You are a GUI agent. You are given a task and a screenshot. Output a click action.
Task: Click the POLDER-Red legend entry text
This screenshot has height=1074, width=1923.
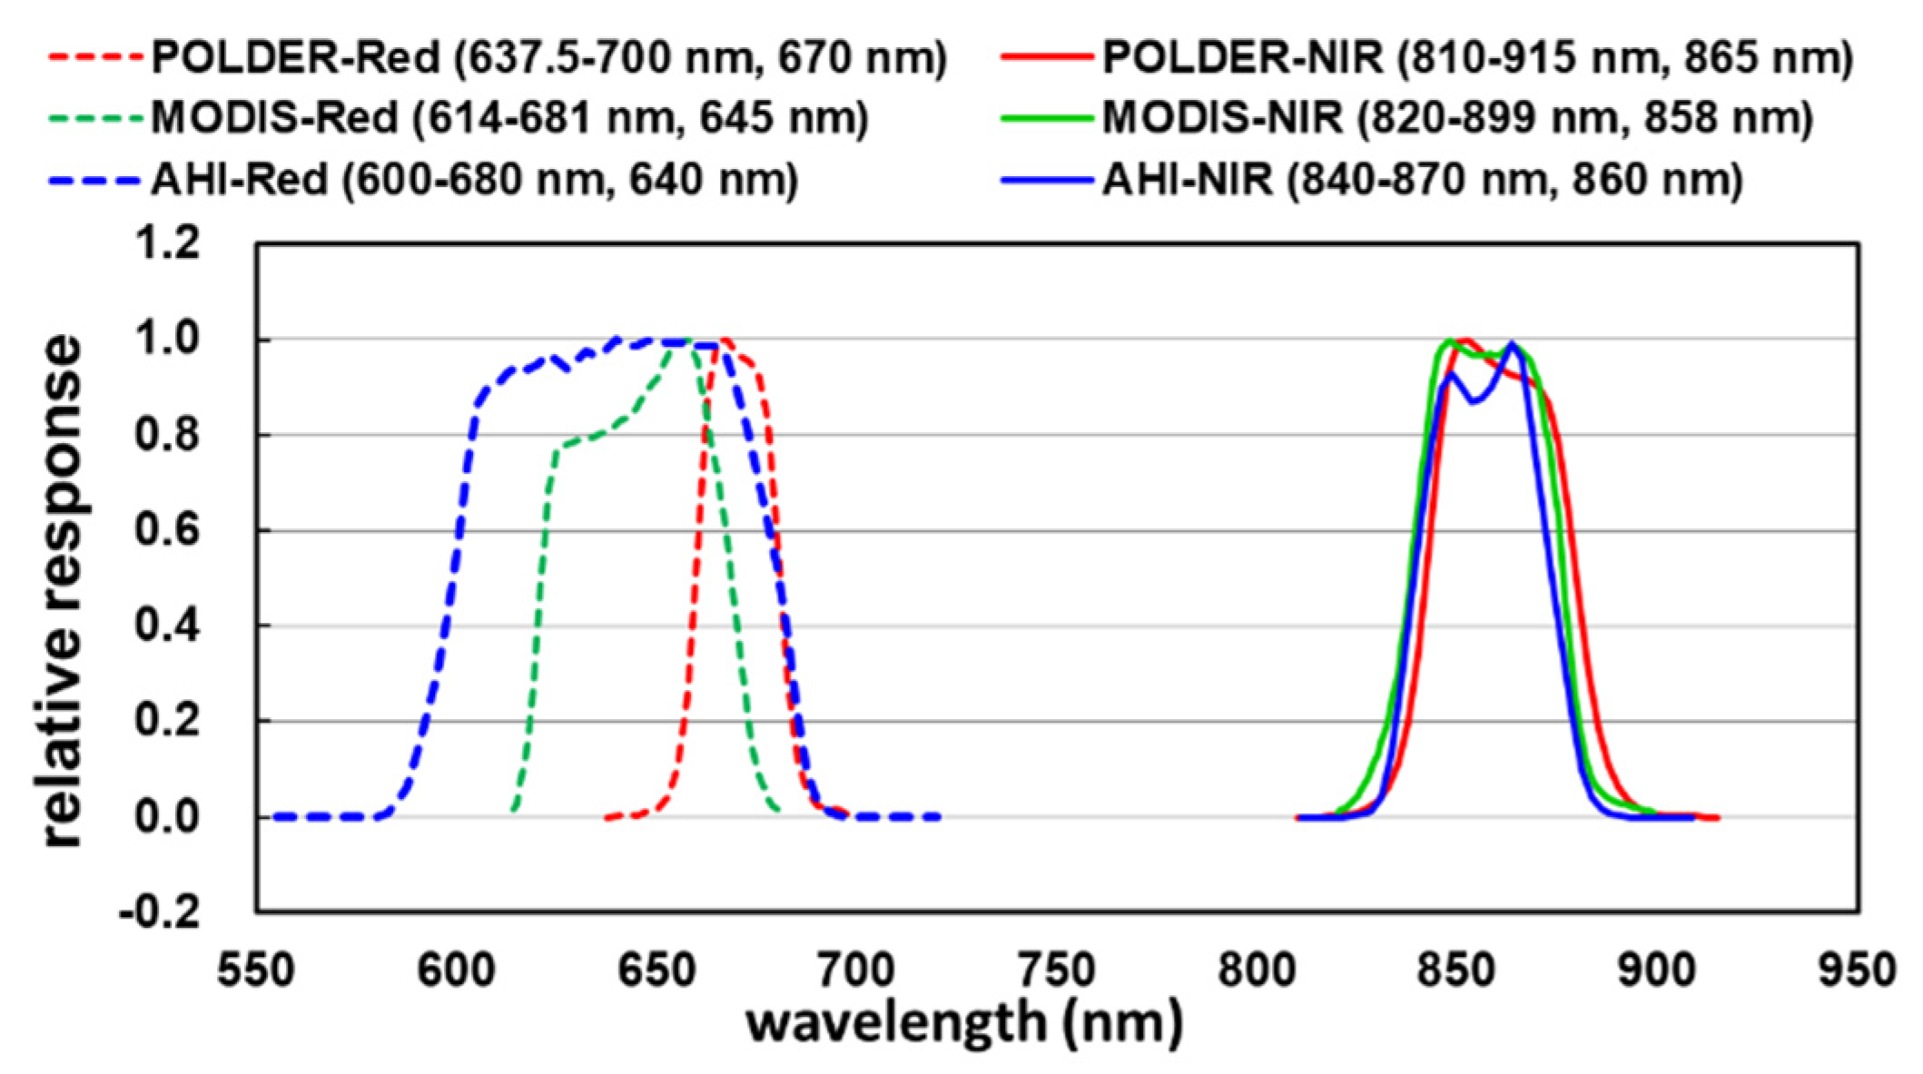548,58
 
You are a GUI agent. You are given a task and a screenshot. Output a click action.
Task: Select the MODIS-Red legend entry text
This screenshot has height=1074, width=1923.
509,118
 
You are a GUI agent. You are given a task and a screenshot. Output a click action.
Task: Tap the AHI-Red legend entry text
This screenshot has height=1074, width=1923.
474,179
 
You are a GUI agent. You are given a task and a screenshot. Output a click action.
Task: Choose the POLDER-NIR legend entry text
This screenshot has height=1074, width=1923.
1477,58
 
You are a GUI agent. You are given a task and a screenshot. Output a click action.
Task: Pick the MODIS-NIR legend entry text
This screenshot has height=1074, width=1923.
1457,118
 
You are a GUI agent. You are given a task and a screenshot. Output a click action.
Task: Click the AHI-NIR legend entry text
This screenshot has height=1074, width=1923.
1422,179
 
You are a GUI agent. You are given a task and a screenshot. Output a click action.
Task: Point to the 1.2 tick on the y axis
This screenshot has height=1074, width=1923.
167,243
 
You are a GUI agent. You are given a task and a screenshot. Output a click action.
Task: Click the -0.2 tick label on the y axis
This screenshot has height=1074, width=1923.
160,911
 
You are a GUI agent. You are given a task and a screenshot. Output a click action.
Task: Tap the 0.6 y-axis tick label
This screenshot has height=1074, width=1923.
167,530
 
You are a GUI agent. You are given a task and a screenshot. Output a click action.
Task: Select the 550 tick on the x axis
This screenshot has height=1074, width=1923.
256,970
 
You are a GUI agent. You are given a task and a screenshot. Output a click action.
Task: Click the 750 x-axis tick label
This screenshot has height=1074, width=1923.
1057,970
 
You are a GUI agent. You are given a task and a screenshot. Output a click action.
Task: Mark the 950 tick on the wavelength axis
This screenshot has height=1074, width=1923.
1858,970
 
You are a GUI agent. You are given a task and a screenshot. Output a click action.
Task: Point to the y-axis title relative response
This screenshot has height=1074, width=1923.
62,590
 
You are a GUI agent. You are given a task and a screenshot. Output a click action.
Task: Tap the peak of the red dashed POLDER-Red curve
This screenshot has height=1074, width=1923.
725,340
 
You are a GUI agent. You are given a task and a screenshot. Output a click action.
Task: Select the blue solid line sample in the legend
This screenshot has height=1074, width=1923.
1046,180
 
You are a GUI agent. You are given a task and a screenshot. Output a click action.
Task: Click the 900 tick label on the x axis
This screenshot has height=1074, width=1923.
1657,970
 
